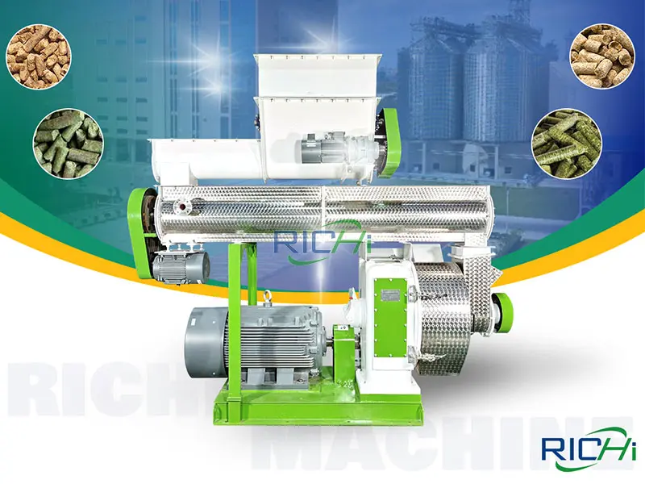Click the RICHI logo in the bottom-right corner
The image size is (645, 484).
(x=588, y=449)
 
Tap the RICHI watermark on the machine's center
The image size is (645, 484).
(x=323, y=243)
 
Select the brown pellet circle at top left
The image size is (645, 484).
(x=38, y=56)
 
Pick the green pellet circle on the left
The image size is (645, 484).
(x=69, y=144)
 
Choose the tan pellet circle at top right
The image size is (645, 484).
(x=601, y=55)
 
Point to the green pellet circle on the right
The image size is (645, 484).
(x=567, y=144)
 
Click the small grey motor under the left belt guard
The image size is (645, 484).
(x=181, y=266)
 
